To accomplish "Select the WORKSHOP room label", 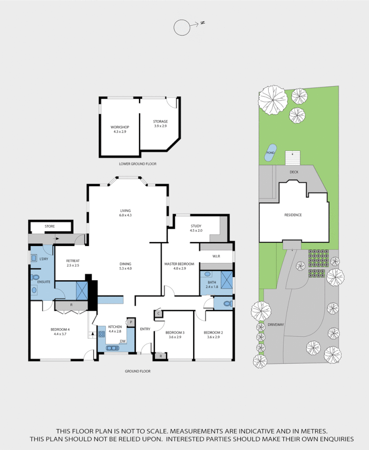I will click(120, 127).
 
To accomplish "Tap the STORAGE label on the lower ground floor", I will click(160, 121).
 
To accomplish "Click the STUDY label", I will click(196, 226).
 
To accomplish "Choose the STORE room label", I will click(50, 226).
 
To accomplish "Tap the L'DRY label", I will click(44, 259).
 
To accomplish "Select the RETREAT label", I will click(73, 261).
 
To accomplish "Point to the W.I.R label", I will click(216, 256).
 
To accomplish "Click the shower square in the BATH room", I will click(226, 279).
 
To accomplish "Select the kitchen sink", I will click(112, 348).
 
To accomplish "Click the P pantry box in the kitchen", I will click(131, 322).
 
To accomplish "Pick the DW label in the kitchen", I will click(123, 341).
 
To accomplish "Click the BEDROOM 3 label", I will click(174, 332).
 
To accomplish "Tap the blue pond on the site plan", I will click(269, 156).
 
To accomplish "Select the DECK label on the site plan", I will click(294, 173).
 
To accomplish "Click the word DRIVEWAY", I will click(288, 324).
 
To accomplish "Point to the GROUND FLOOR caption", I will click(138, 371).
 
